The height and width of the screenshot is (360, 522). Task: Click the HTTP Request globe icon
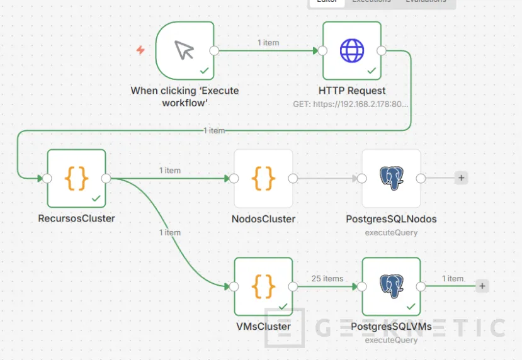[x=352, y=50]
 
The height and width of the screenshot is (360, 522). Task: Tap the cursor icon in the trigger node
[x=184, y=50]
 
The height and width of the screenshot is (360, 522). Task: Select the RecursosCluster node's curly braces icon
[x=76, y=178]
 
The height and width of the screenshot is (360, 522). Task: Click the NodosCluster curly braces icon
[x=263, y=178]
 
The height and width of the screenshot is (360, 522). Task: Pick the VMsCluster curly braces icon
[x=263, y=286]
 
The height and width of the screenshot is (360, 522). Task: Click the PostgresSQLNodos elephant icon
[x=391, y=178]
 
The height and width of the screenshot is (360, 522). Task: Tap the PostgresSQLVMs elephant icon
[x=391, y=286]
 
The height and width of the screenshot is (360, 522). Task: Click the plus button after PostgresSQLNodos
[x=462, y=178]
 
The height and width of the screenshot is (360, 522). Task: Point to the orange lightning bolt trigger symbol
[x=140, y=50]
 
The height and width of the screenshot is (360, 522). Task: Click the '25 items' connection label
[x=328, y=278]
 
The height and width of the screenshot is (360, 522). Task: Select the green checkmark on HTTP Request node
[x=372, y=70]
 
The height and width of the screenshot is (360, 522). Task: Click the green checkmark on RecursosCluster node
[x=96, y=198]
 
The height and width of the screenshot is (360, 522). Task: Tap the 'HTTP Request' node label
[x=352, y=90]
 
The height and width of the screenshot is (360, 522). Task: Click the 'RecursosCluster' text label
[x=76, y=219]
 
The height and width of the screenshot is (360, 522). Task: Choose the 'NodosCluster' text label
[x=263, y=219]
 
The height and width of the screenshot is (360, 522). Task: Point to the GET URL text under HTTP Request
[x=351, y=104]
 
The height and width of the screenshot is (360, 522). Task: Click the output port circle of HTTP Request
[x=382, y=51]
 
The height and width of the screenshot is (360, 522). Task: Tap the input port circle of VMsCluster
[x=234, y=286]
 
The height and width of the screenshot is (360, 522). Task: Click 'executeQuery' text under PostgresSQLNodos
[x=391, y=232]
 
